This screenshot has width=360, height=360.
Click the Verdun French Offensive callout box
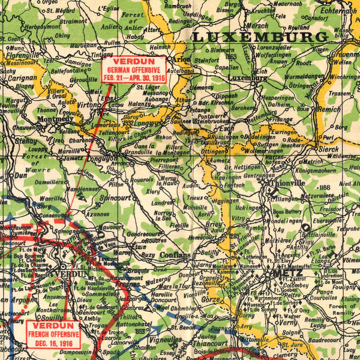click(x=52, y=333)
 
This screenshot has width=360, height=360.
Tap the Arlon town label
click(x=181, y=59)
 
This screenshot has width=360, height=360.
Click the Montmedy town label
click(x=55, y=119)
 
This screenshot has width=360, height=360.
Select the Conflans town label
click(x=175, y=255)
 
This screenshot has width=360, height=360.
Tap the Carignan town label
click(x=19, y=78)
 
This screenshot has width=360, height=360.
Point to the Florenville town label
click(x=22, y=54)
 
